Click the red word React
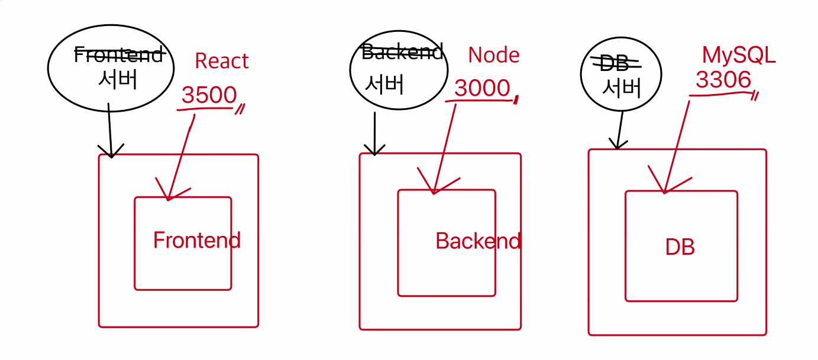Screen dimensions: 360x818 [222, 61]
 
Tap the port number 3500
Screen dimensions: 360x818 [209, 95]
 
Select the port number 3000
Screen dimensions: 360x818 [482, 88]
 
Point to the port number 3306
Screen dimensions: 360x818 [723, 80]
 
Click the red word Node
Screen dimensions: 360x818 [493, 55]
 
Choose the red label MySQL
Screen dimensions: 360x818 [738, 55]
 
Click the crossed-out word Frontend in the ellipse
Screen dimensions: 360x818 [118, 55]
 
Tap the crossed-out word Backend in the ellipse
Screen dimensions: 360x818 [402, 53]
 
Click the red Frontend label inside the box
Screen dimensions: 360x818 [196, 240]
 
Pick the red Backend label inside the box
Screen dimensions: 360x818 [478, 241]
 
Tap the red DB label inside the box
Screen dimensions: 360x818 [680, 247]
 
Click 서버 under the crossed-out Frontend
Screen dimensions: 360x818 [118, 79]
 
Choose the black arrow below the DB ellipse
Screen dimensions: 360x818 [620, 130]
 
